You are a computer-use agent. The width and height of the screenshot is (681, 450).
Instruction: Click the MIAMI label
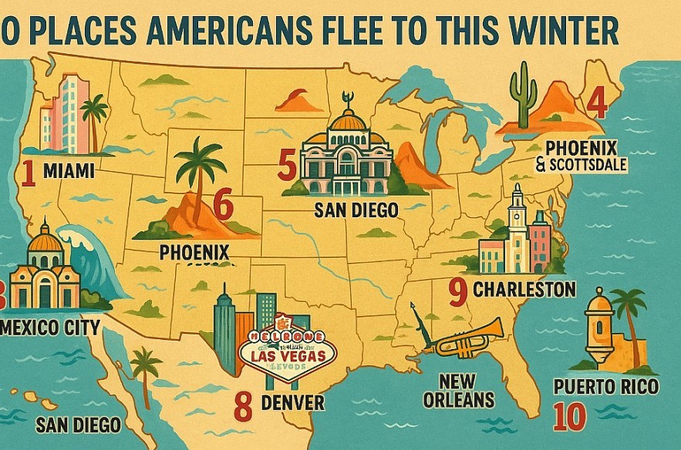click(x=69, y=171)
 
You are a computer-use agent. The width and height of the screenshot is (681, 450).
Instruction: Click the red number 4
click(x=595, y=102)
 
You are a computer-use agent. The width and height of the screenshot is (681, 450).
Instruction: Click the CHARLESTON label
click(x=524, y=290)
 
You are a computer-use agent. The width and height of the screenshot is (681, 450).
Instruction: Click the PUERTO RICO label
click(x=606, y=385)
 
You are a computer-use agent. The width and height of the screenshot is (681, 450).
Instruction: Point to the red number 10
click(x=569, y=416)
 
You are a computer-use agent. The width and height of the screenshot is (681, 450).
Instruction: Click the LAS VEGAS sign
click(x=288, y=353)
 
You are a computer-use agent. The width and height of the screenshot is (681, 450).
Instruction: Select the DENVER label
click(x=292, y=402)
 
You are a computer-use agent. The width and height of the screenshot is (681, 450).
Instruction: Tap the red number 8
click(x=243, y=406)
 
